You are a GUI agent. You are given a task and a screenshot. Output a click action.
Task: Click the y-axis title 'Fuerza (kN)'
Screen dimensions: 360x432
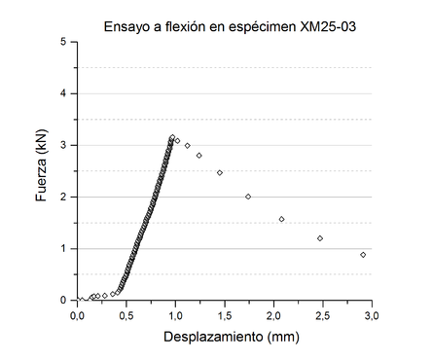pyautogui.click(x=42, y=171)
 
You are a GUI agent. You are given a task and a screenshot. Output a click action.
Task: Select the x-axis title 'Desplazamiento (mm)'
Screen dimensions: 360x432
pyautogui.click(x=225, y=340)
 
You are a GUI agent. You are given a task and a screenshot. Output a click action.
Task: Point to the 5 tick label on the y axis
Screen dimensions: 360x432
pyautogui.click(x=63, y=43)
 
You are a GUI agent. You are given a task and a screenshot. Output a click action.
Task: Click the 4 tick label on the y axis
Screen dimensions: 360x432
pyautogui.click(x=63, y=94)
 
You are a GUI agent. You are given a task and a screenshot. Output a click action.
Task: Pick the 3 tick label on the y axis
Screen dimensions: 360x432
pyautogui.click(x=63, y=146)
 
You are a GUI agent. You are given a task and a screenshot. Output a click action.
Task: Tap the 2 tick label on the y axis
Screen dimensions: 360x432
pyautogui.click(x=63, y=198)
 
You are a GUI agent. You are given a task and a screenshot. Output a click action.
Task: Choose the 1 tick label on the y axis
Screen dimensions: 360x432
pyautogui.click(x=63, y=249)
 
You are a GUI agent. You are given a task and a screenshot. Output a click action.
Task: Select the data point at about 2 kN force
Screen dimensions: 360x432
pyautogui.click(x=248, y=197)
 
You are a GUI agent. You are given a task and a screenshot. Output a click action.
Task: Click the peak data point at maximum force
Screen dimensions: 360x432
pyautogui.click(x=172, y=137)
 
